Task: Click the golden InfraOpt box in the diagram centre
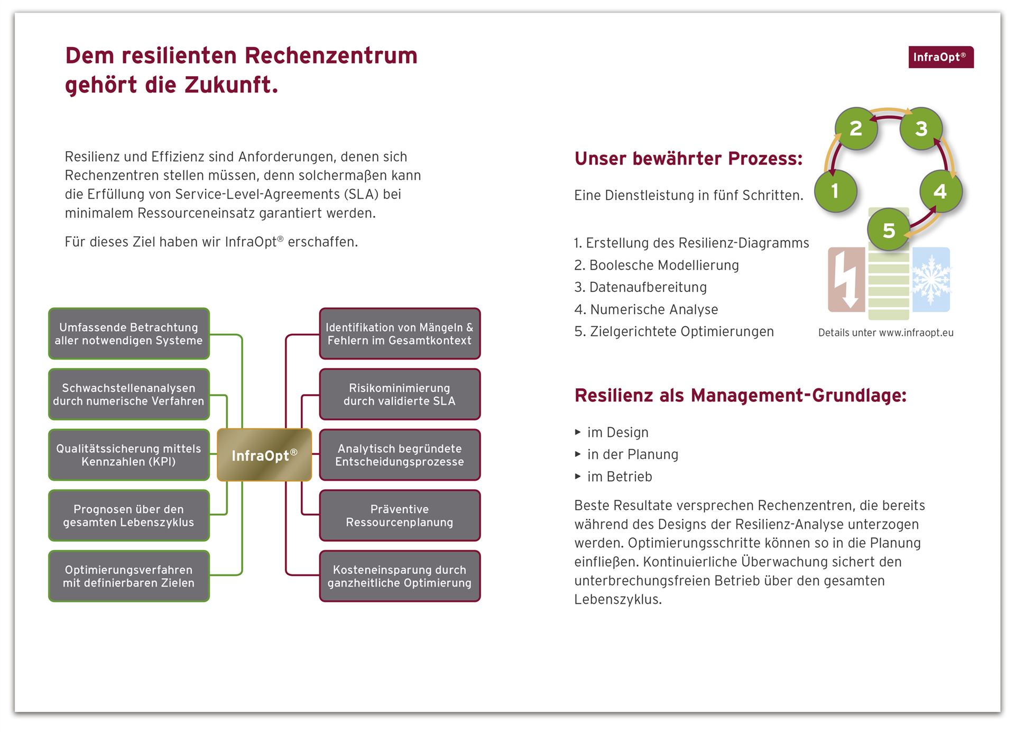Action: pyautogui.click(x=264, y=455)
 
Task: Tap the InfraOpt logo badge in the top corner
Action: pyautogui.click(x=941, y=57)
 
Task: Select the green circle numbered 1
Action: pyautogui.click(x=835, y=191)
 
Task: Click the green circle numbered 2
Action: pyautogui.click(x=856, y=129)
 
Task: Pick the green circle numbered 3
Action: pyautogui.click(x=921, y=129)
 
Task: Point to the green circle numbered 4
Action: pyautogui.click(x=940, y=191)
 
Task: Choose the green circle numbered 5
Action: pyautogui.click(x=889, y=230)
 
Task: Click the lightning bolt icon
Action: pyautogui.click(x=846, y=279)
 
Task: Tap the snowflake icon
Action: pyautogui.click(x=931, y=279)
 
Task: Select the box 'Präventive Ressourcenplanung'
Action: pyautogui.click(x=400, y=516)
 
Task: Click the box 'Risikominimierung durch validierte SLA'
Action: pyautogui.click(x=400, y=395)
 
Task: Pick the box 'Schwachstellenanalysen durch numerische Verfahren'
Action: pyautogui.click(x=129, y=395)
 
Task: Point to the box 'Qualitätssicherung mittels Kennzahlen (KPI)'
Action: pyautogui.click(x=129, y=455)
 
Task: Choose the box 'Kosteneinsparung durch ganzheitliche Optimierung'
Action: pyautogui.click(x=400, y=576)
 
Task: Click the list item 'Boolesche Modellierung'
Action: pyautogui.click(x=657, y=265)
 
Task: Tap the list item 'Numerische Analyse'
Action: pyautogui.click(x=646, y=309)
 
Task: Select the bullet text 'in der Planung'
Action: pyautogui.click(x=633, y=454)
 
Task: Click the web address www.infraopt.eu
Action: pyautogui.click(x=916, y=333)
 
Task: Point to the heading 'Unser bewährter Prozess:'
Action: pyautogui.click(x=688, y=158)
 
